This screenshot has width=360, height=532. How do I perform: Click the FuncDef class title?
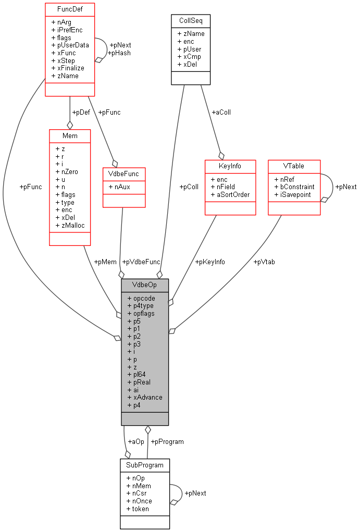tap(70, 9)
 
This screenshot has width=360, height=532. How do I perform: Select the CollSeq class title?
tap(191, 21)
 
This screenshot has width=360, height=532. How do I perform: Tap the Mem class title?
tap(70, 135)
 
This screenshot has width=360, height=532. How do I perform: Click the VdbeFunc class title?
tap(124, 174)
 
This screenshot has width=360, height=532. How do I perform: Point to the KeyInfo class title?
tap(230, 166)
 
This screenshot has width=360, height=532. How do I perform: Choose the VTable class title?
tap(294, 166)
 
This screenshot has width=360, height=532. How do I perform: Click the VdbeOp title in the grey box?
tap(145, 285)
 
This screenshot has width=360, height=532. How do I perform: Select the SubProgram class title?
tap(145, 465)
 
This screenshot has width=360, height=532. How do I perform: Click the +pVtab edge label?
tap(264, 262)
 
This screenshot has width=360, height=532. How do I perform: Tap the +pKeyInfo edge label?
tap(210, 262)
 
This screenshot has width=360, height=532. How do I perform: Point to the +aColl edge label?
tap(221, 112)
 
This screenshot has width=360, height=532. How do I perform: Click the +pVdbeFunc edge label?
tap(141, 262)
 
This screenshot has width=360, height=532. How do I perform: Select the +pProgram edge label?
tap(167, 441)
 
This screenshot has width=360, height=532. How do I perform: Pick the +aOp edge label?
tap(136, 441)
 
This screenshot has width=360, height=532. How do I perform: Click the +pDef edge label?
tap(81, 112)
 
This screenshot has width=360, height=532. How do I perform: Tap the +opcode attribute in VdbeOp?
tap(141, 298)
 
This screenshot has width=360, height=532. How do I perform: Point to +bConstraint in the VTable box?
tap(294, 187)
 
